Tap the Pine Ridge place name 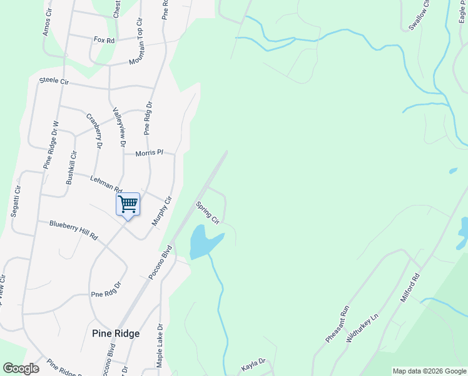pos(115,333)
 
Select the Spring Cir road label pos(207,212)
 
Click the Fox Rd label pos(104,40)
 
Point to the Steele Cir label pos(54,81)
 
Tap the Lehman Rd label pos(106,184)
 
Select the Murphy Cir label pos(161,212)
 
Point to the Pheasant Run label pos(336,323)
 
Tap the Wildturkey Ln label pos(362,327)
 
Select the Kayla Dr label pos(253,362)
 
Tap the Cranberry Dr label pos(94,130)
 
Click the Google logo pos(21,368)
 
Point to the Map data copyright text pos(429,371)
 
